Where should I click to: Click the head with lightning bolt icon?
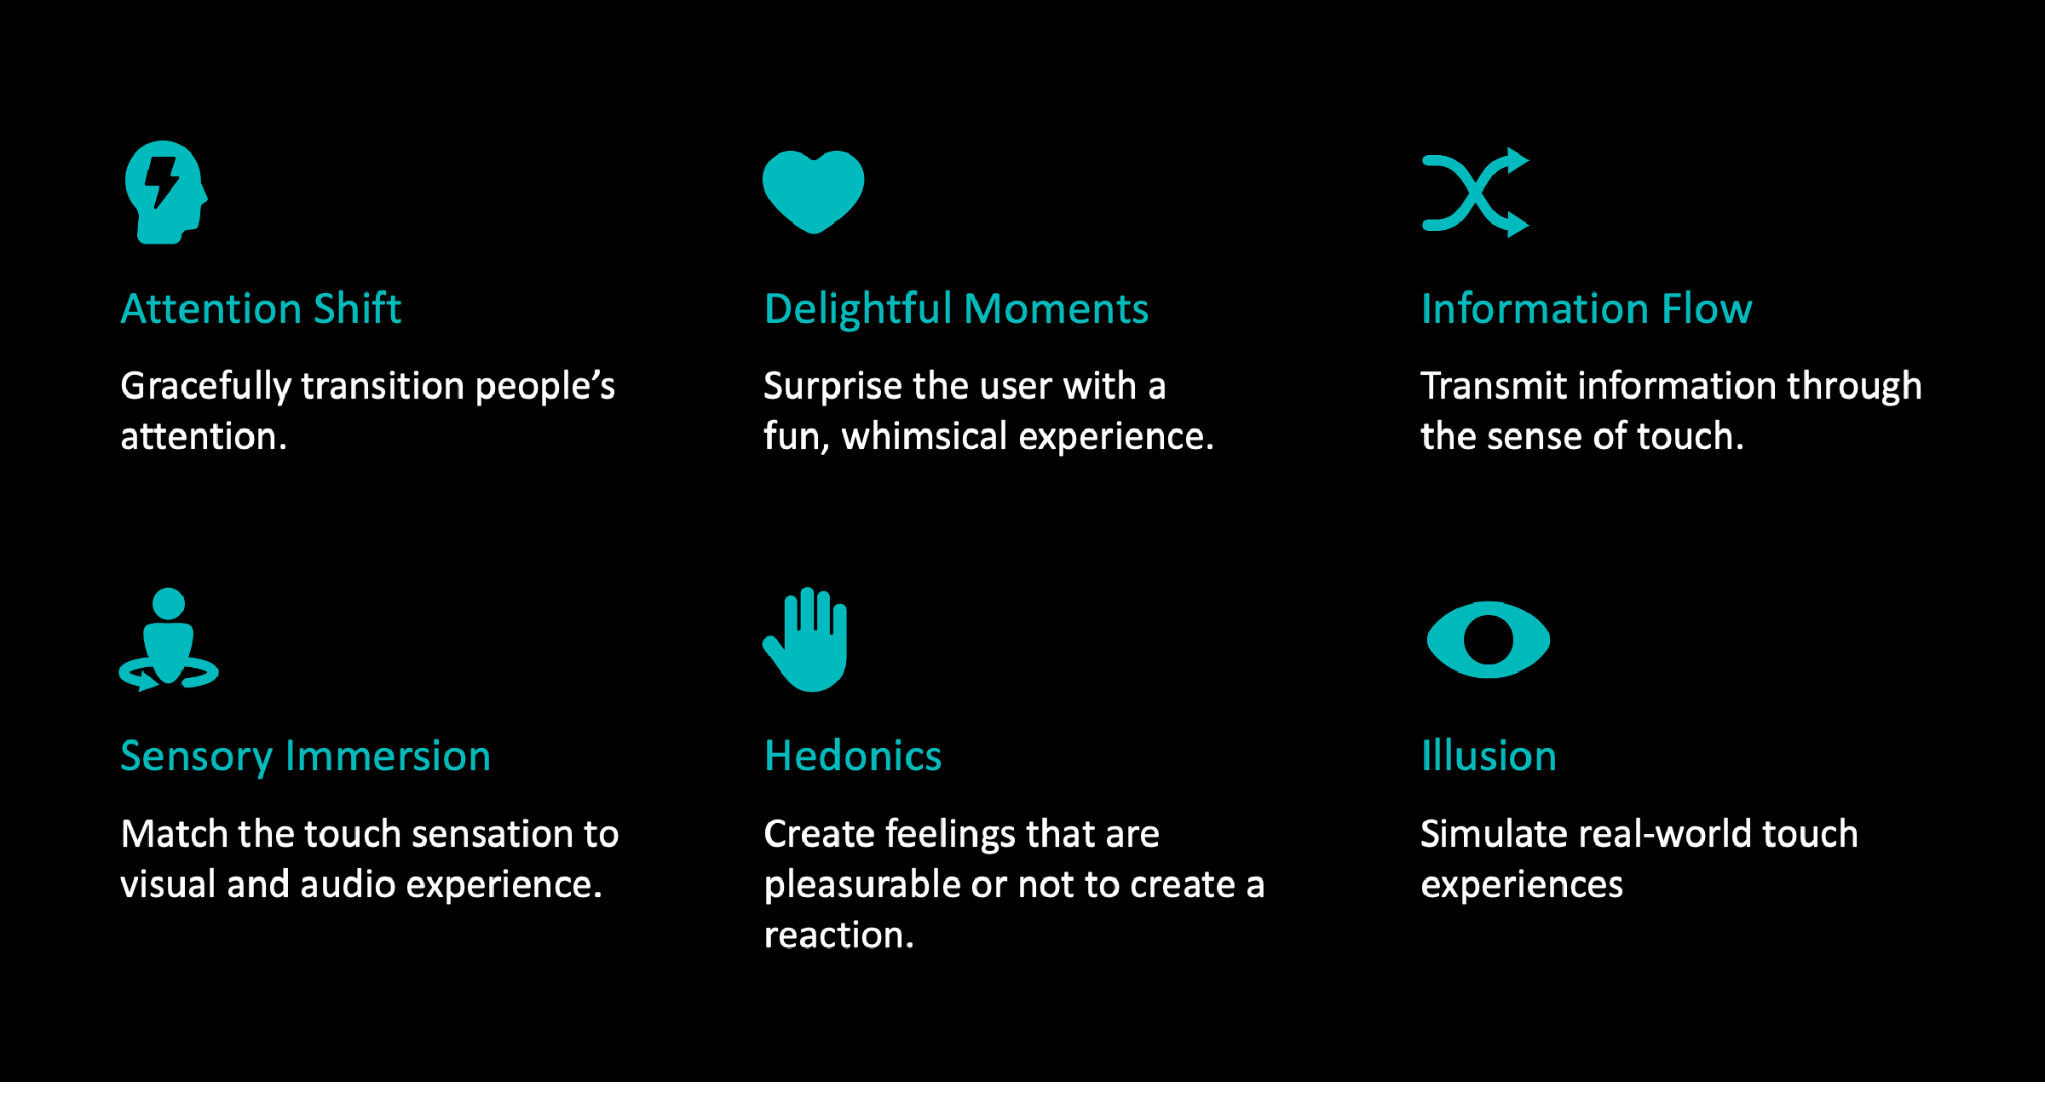(x=166, y=193)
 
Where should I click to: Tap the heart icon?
(x=813, y=192)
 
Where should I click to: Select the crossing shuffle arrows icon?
(x=1475, y=193)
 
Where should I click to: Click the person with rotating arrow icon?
(x=169, y=639)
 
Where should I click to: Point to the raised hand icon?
(x=805, y=639)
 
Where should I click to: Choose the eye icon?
(x=1488, y=640)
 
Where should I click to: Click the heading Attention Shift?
(x=261, y=308)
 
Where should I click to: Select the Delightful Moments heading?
(x=956, y=308)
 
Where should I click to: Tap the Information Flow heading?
(x=1587, y=308)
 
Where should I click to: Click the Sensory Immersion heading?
(x=306, y=757)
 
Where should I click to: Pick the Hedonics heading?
(x=853, y=756)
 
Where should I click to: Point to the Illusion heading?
(x=1489, y=756)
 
